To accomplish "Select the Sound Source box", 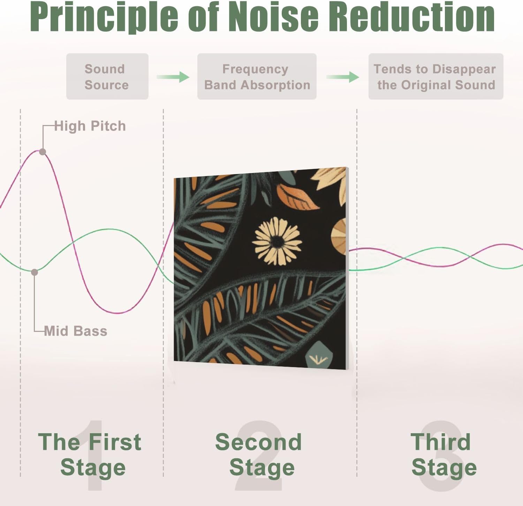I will [x=107, y=77].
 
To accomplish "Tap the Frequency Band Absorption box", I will [x=257, y=77].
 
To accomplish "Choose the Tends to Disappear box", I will [x=435, y=77].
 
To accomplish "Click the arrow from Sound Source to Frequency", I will [x=173, y=77].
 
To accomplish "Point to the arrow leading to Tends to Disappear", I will [x=343, y=77].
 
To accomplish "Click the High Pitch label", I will [x=90, y=126].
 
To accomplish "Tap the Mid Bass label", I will [x=76, y=331].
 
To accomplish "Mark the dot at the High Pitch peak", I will [x=43, y=152].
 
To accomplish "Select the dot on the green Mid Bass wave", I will [x=35, y=272].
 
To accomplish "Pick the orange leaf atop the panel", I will [x=297, y=197].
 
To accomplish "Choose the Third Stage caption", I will [x=443, y=454].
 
